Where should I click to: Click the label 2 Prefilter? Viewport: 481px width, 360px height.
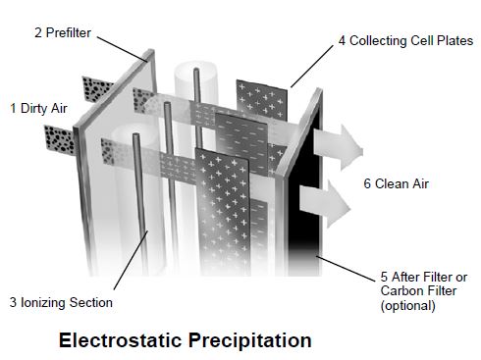click(x=63, y=32)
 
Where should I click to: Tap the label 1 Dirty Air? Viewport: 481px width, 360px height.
click(x=38, y=108)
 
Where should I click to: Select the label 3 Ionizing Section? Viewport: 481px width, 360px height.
click(x=61, y=302)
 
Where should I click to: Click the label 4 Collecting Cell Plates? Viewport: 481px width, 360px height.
click(x=405, y=40)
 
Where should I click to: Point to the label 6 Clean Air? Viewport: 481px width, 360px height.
click(x=396, y=183)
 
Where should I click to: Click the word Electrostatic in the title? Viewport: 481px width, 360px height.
click(x=120, y=340)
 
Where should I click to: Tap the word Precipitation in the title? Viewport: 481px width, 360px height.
click(x=250, y=340)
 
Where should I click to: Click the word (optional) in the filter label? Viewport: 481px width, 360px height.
click(x=408, y=306)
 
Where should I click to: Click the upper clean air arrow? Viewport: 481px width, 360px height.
click(x=339, y=147)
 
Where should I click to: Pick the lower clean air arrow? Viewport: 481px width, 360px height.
click(x=326, y=203)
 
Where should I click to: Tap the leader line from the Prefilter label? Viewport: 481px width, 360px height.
click(x=122, y=49)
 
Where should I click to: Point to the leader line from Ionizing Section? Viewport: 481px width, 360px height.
click(x=131, y=260)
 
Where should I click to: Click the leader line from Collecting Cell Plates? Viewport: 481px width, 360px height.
click(x=312, y=67)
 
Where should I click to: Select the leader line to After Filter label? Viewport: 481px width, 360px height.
click(x=346, y=269)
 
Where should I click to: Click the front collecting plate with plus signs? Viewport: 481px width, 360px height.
click(x=223, y=212)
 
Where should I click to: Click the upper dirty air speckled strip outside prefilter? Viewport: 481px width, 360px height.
click(x=97, y=89)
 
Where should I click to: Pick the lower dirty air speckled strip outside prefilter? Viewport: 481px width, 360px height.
click(x=60, y=140)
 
